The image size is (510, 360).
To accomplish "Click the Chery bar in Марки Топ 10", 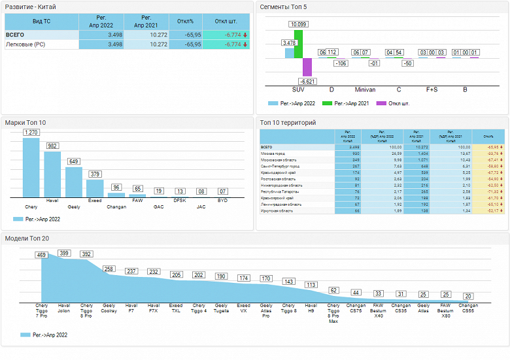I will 31,167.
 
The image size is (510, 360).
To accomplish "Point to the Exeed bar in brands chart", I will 95,188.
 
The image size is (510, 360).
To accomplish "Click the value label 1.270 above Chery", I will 31,133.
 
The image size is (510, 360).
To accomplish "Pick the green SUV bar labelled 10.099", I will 298,44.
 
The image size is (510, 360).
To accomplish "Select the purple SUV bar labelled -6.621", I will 307,67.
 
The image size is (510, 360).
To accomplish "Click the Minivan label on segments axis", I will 364,90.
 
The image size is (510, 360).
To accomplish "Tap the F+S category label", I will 432,90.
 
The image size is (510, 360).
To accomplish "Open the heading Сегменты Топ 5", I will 283,7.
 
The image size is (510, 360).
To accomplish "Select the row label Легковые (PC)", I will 25,44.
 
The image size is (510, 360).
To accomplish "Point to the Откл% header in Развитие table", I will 186,21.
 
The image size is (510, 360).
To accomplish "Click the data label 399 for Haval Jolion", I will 64,252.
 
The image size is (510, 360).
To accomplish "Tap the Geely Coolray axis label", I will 109,308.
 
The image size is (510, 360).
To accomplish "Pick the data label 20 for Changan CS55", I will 468,296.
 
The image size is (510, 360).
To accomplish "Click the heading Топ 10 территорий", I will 288,122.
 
